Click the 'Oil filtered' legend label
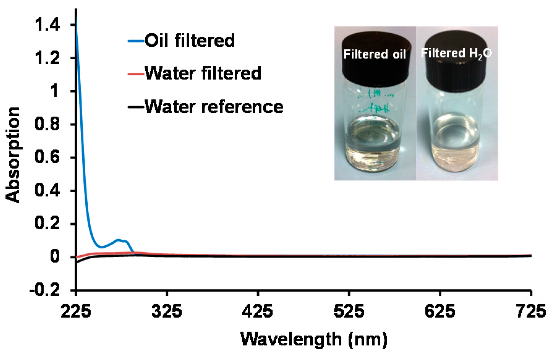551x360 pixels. (x=189, y=40)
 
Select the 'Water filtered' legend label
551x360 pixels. (x=203, y=73)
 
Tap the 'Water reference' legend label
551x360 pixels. (x=214, y=107)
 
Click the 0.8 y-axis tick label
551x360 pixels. (x=47, y=125)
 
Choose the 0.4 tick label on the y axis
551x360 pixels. (x=47, y=191)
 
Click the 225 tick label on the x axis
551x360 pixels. (x=76, y=311)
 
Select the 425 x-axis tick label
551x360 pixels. (x=258, y=311)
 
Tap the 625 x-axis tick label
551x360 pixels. (x=439, y=311)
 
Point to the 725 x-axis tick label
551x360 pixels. (x=530, y=311)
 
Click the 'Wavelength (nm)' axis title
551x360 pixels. (x=314, y=339)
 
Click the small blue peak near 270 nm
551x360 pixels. (x=118, y=240)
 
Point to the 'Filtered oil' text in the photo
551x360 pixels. (x=375, y=54)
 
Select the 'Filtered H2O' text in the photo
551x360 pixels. (x=456, y=53)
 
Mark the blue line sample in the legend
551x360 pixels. (x=136, y=41)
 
